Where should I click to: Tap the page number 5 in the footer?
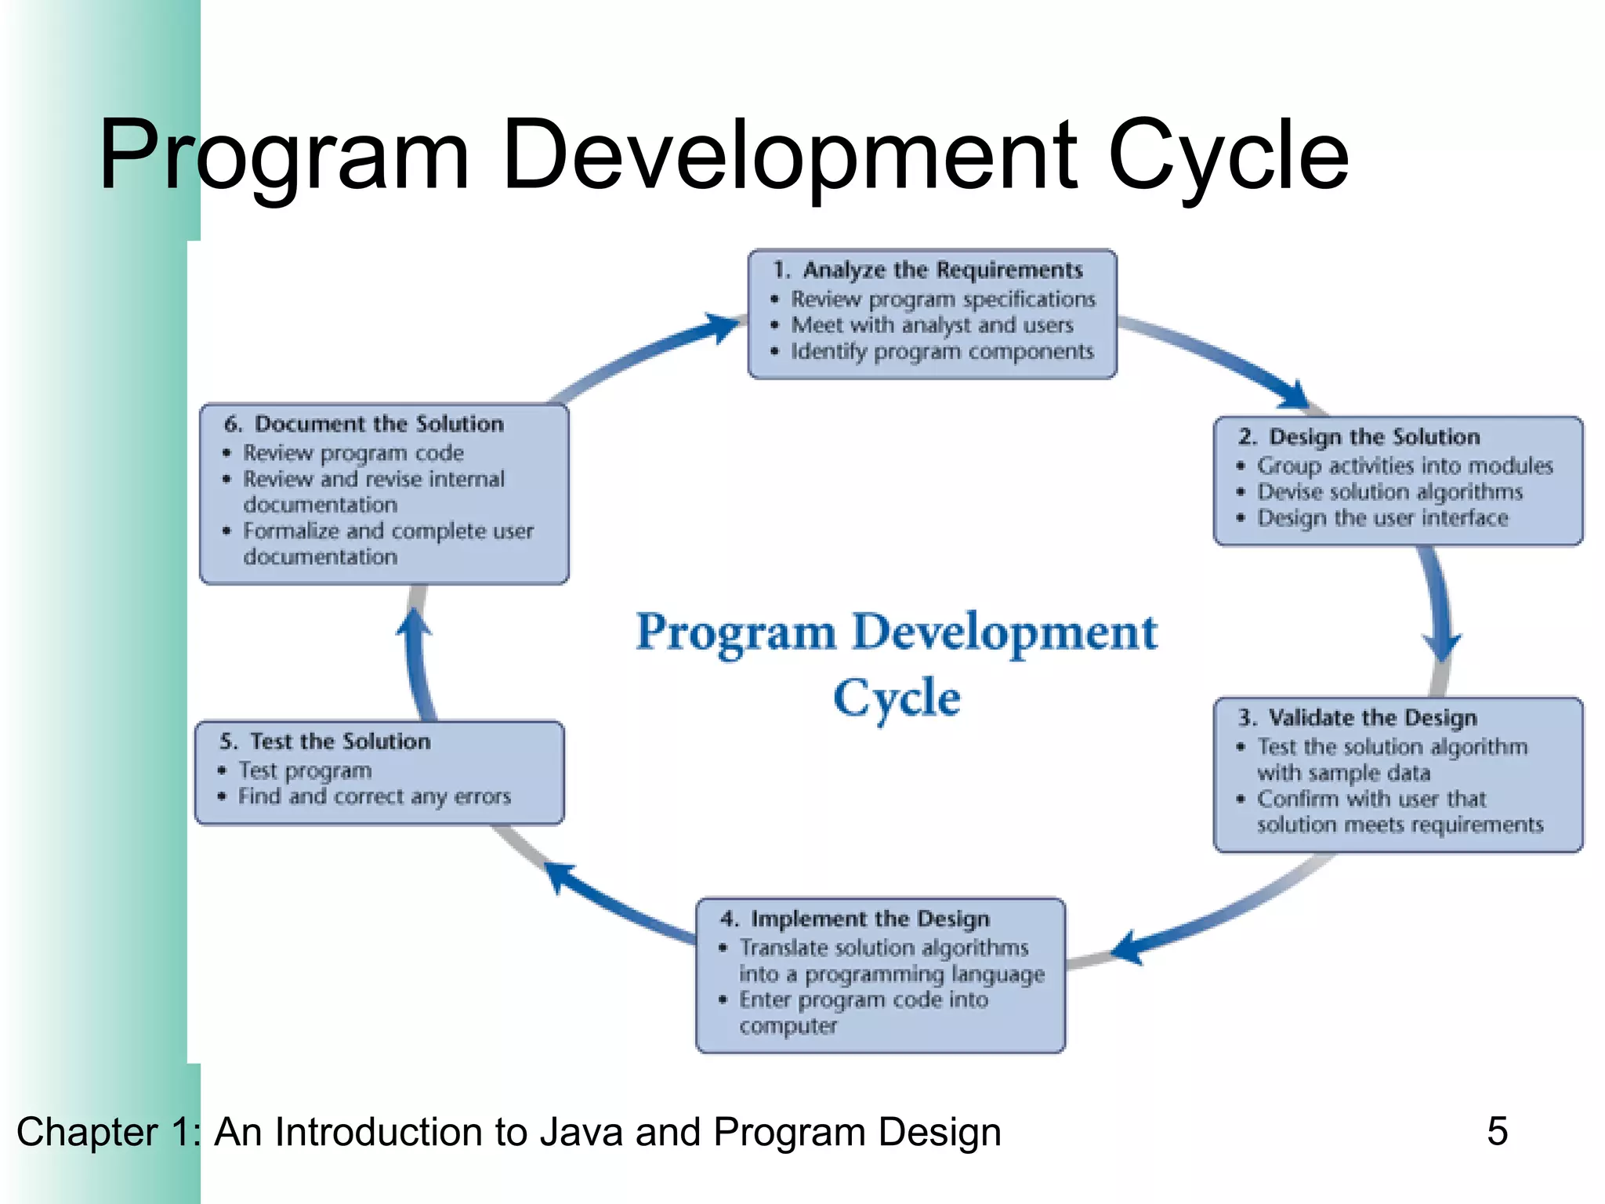pyautogui.click(x=1497, y=1131)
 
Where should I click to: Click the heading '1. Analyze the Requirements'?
pyautogui.click(x=929, y=270)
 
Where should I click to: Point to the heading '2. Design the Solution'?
pyautogui.click(x=1360, y=437)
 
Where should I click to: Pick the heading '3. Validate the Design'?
pyautogui.click(x=1358, y=718)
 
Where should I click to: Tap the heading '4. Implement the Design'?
pyautogui.click(x=855, y=919)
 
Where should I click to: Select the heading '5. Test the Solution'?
pyautogui.click(x=325, y=742)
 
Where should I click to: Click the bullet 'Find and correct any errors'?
pyautogui.click(x=374, y=797)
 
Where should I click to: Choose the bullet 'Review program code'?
pyautogui.click(x=353, y=453)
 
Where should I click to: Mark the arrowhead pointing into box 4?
pyautogui.click(x=1126, y=946)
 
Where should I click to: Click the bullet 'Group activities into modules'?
pyautogui.click(x=1404, y=466)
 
